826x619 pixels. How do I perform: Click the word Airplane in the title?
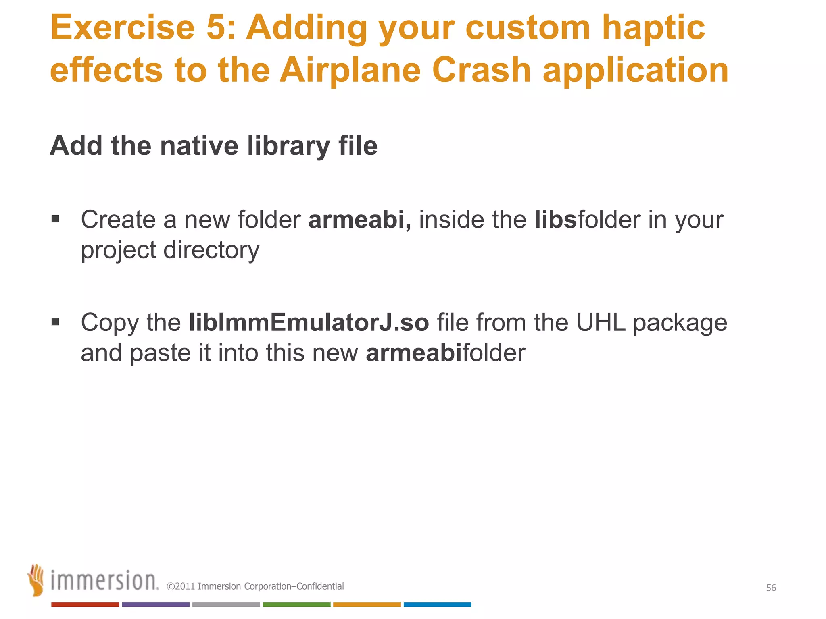[350, 70]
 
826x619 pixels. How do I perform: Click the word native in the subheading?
[199, 146]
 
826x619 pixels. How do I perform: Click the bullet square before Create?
[56, 219]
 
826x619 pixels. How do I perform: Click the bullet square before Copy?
[56, 322]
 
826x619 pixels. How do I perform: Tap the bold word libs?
[555, 220]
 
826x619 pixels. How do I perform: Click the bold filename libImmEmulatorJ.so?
[309, 323]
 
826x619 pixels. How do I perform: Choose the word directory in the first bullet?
[211, 250]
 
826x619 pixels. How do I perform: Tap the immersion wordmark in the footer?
[104, 581]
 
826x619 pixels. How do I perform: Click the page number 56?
[771, 588]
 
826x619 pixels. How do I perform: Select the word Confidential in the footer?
[320, 586]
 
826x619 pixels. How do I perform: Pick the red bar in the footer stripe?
[85, 604]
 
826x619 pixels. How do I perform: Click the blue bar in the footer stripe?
[437, 604]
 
